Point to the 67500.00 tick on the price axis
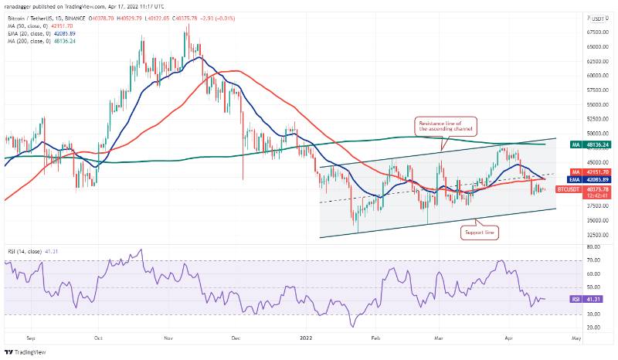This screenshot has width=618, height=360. coord(594,32)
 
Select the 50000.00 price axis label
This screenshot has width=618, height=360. coord(594,134)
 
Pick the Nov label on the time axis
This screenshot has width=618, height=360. coord(168,338)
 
